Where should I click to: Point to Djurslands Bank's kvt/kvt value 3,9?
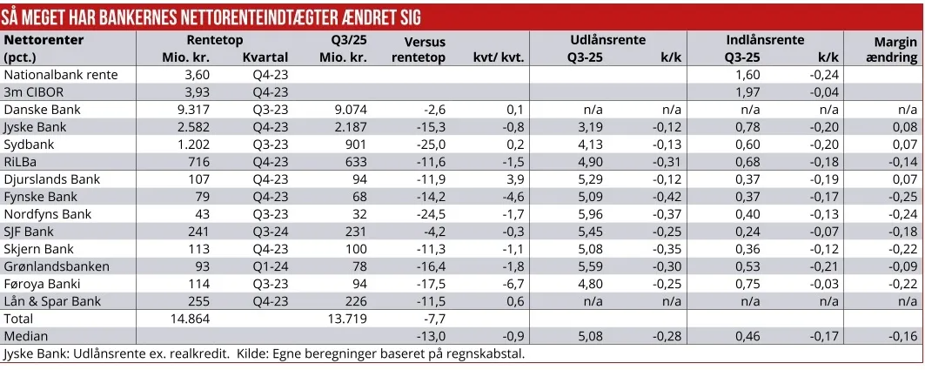point(514,179)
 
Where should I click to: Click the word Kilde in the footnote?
point(253,354)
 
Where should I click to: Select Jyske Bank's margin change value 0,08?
point(904,127)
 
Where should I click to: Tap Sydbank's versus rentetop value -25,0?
point(429,145)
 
